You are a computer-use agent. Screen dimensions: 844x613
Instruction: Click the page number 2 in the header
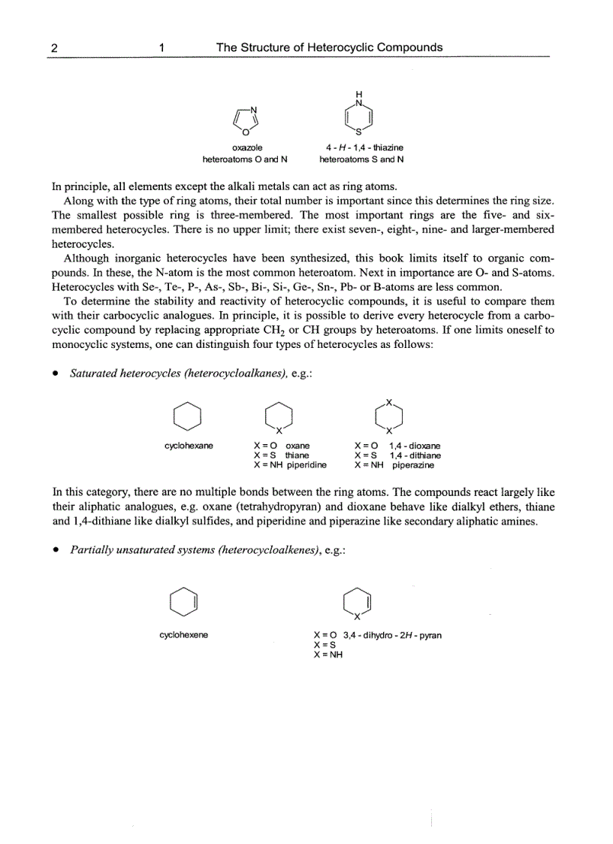tap(54, 47)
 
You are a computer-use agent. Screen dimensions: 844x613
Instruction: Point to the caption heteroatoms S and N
tap(361, 159)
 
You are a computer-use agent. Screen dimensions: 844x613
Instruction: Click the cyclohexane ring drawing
tap(188, 416)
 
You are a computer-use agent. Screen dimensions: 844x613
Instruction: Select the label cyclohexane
tap(189, 446)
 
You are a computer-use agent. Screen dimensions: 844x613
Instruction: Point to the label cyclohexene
tap(184, 635)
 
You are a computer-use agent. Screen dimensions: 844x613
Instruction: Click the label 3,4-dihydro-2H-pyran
tap(392, 635)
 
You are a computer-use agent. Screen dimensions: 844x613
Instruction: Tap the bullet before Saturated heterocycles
tap(56, 374)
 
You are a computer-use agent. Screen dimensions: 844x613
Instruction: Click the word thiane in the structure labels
tap(297, 455)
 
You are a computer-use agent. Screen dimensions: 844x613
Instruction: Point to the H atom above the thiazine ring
tap(358, 93)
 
